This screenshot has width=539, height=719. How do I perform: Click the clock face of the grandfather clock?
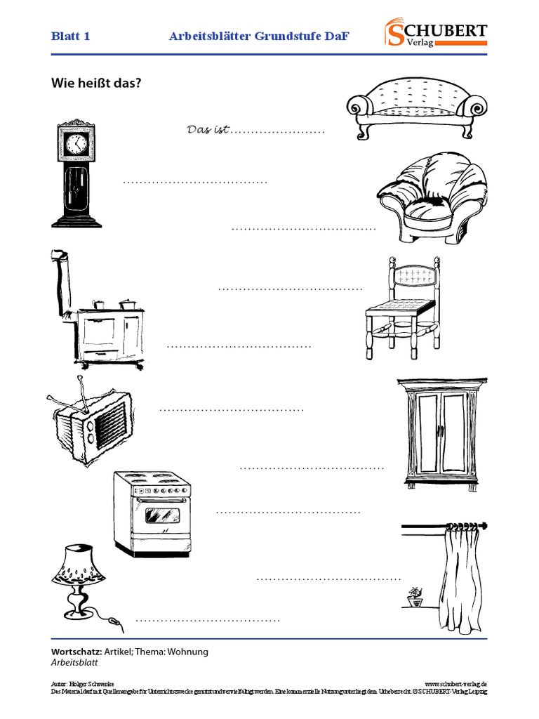click(x=75, y=145)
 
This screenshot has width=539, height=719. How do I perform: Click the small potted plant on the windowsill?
click(x=415, y=597)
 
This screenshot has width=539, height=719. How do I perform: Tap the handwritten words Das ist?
click(x=208, y=130)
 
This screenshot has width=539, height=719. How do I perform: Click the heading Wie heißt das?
click(x=97, y=83)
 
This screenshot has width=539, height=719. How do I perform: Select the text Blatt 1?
click(x=70, y=37)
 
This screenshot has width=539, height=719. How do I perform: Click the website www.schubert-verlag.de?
click(x=455, y=683)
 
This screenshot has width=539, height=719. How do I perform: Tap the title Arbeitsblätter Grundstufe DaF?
click(x=259, y=37)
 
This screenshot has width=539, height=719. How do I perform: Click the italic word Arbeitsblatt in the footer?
click(x=74, y=662)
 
